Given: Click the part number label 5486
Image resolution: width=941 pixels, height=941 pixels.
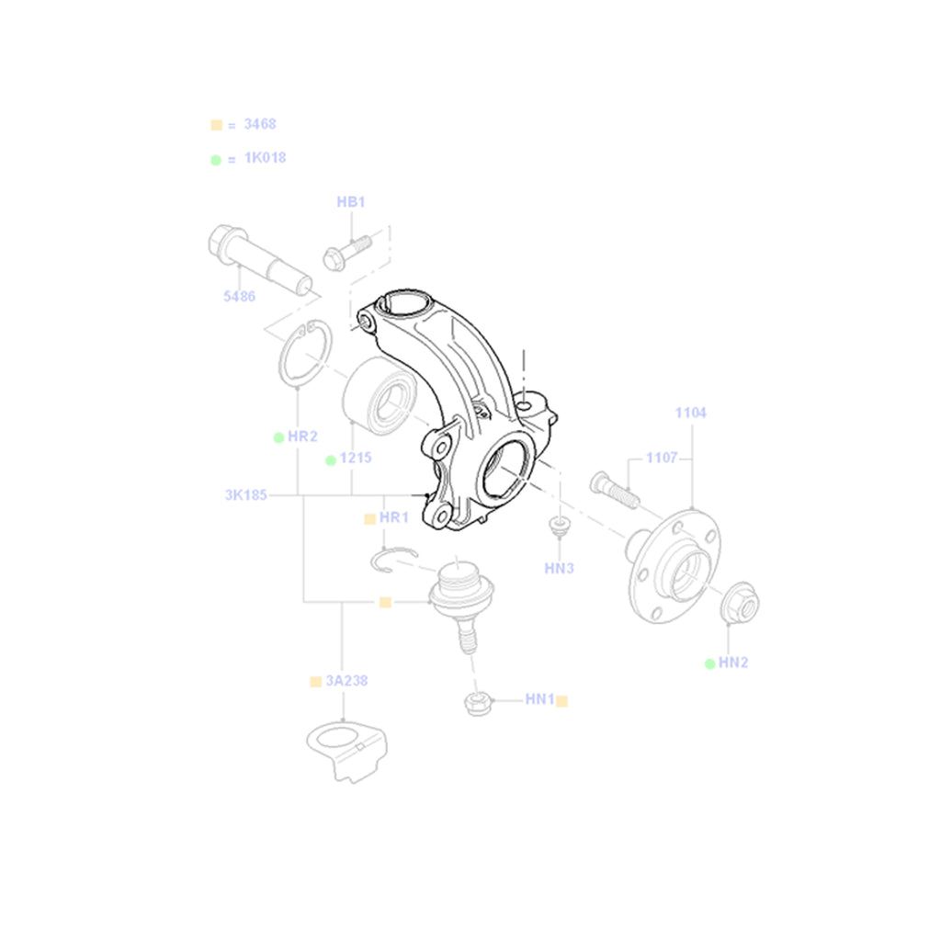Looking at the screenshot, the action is click(239, 296).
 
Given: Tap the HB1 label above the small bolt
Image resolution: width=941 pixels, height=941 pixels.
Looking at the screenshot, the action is click(350, 201).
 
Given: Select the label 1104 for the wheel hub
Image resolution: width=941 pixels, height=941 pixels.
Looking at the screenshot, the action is click(690, 413).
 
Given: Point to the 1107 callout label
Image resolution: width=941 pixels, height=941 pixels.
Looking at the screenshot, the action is click(662, 458).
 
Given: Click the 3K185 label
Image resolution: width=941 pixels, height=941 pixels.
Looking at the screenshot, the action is click(245, 495).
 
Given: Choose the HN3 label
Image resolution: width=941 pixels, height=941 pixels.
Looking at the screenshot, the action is click(559, 568).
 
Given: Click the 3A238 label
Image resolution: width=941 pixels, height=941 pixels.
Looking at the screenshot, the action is click(346, 681).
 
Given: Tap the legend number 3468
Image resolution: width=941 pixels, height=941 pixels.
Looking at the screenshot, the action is click(260, 124).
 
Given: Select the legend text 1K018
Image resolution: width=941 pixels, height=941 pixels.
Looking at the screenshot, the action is click(265, 158).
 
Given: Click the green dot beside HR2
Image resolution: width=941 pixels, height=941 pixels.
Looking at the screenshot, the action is click(278, 437).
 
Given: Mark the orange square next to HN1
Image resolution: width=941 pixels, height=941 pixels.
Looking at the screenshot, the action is click(561, 700).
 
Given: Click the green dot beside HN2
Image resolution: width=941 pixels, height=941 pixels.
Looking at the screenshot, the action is click(710, 663).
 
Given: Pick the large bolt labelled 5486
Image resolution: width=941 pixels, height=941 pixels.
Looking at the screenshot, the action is click(259, 259).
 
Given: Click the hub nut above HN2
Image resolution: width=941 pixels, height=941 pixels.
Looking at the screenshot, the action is click(740, 602).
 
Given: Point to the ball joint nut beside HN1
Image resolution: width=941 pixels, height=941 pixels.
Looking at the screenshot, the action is click(478, 703).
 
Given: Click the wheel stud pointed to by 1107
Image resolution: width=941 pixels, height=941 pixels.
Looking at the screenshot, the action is click(615, 491).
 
